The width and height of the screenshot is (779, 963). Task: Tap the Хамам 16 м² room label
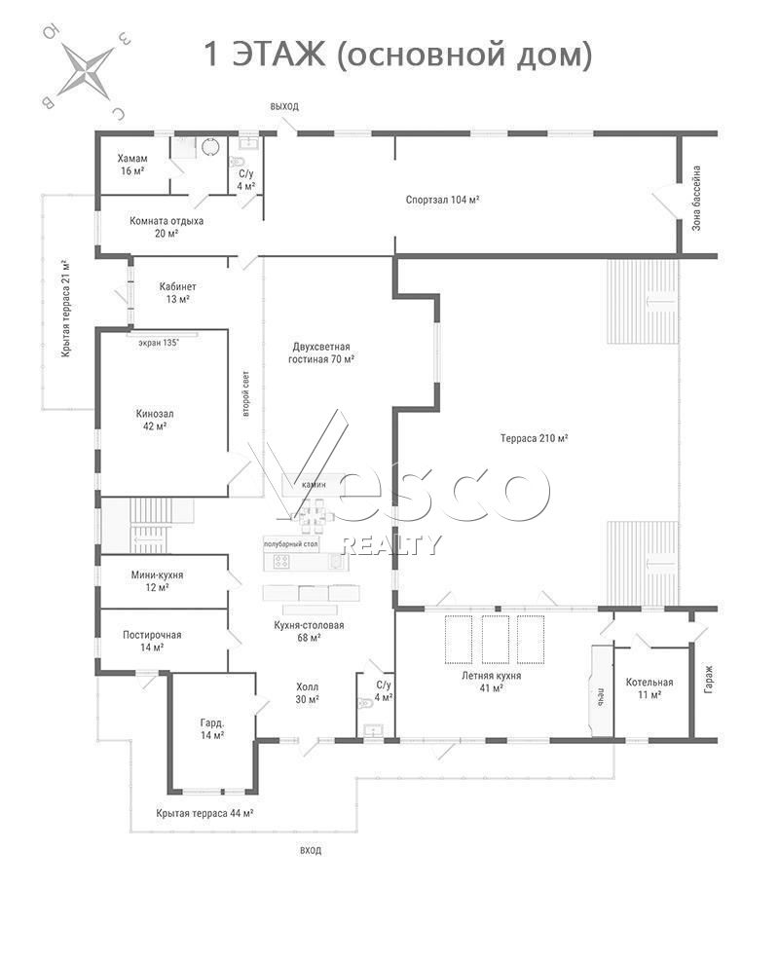point(132,165)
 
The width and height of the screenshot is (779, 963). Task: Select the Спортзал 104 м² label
point(442,200)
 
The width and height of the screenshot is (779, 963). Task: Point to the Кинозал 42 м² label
point(155,420)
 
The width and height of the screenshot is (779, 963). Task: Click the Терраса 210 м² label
point(534,438)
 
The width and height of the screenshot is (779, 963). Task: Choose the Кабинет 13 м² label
point(177,293)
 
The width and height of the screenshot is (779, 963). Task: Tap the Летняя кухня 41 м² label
point(492,682)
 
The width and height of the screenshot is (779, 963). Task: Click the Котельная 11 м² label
point(649,688)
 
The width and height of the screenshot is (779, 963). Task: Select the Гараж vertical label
point(709,680)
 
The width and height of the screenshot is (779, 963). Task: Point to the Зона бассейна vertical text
point(696,198)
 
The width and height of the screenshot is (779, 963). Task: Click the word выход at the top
point(284,106)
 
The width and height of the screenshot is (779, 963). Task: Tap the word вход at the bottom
point(311,850)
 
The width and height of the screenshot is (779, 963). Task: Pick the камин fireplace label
point(314,485)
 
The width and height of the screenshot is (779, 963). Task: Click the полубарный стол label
point(291,544)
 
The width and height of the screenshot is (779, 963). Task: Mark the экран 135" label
point(159,343)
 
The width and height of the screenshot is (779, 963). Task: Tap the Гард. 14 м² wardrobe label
point(212,728)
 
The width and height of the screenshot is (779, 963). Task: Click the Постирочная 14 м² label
point(152,641)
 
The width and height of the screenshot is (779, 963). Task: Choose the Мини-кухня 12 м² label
point(158,581)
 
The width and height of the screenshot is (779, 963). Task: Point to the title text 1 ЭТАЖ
point(264,55)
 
